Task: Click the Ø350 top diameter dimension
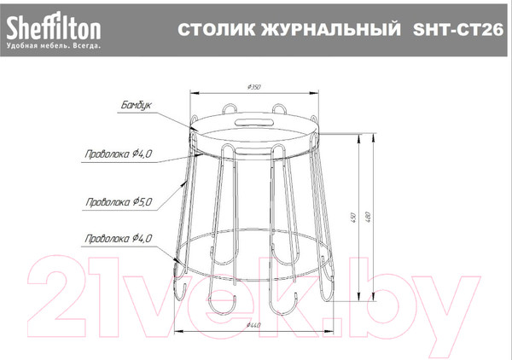point(253,88)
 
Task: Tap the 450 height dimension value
point(353,217)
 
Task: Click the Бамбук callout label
point(136,106)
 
